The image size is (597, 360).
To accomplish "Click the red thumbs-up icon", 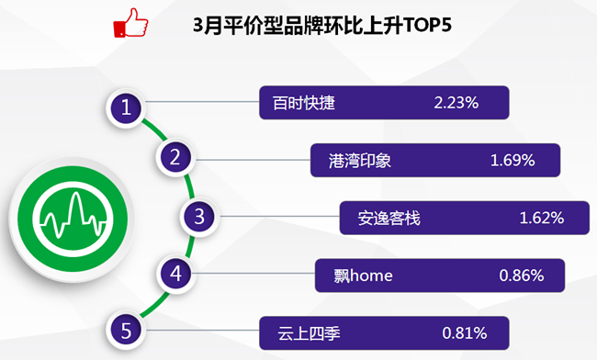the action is [130, 23].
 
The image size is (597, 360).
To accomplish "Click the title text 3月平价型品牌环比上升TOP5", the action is [322, 26].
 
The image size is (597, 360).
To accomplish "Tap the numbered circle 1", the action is [126, 108].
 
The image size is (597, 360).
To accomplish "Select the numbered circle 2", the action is [175, 157].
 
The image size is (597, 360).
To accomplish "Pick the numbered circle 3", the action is [199, 217].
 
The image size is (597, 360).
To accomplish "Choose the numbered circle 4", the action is [175, 274].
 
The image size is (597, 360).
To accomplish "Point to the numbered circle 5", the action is [126, 331].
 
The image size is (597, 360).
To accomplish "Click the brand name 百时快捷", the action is [304, 103].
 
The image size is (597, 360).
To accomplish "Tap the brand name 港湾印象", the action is [360, 161].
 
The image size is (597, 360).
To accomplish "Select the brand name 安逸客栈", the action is [389, 219].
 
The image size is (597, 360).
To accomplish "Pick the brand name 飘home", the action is [363, 276].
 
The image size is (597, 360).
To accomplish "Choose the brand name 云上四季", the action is [309, 333].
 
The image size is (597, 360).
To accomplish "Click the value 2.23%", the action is [456, 103].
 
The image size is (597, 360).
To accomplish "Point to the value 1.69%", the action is [513, 160].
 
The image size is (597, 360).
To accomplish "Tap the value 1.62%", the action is [542, 218].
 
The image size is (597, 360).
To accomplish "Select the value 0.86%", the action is [522, 276].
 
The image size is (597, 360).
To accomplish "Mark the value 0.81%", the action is [465, 333].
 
